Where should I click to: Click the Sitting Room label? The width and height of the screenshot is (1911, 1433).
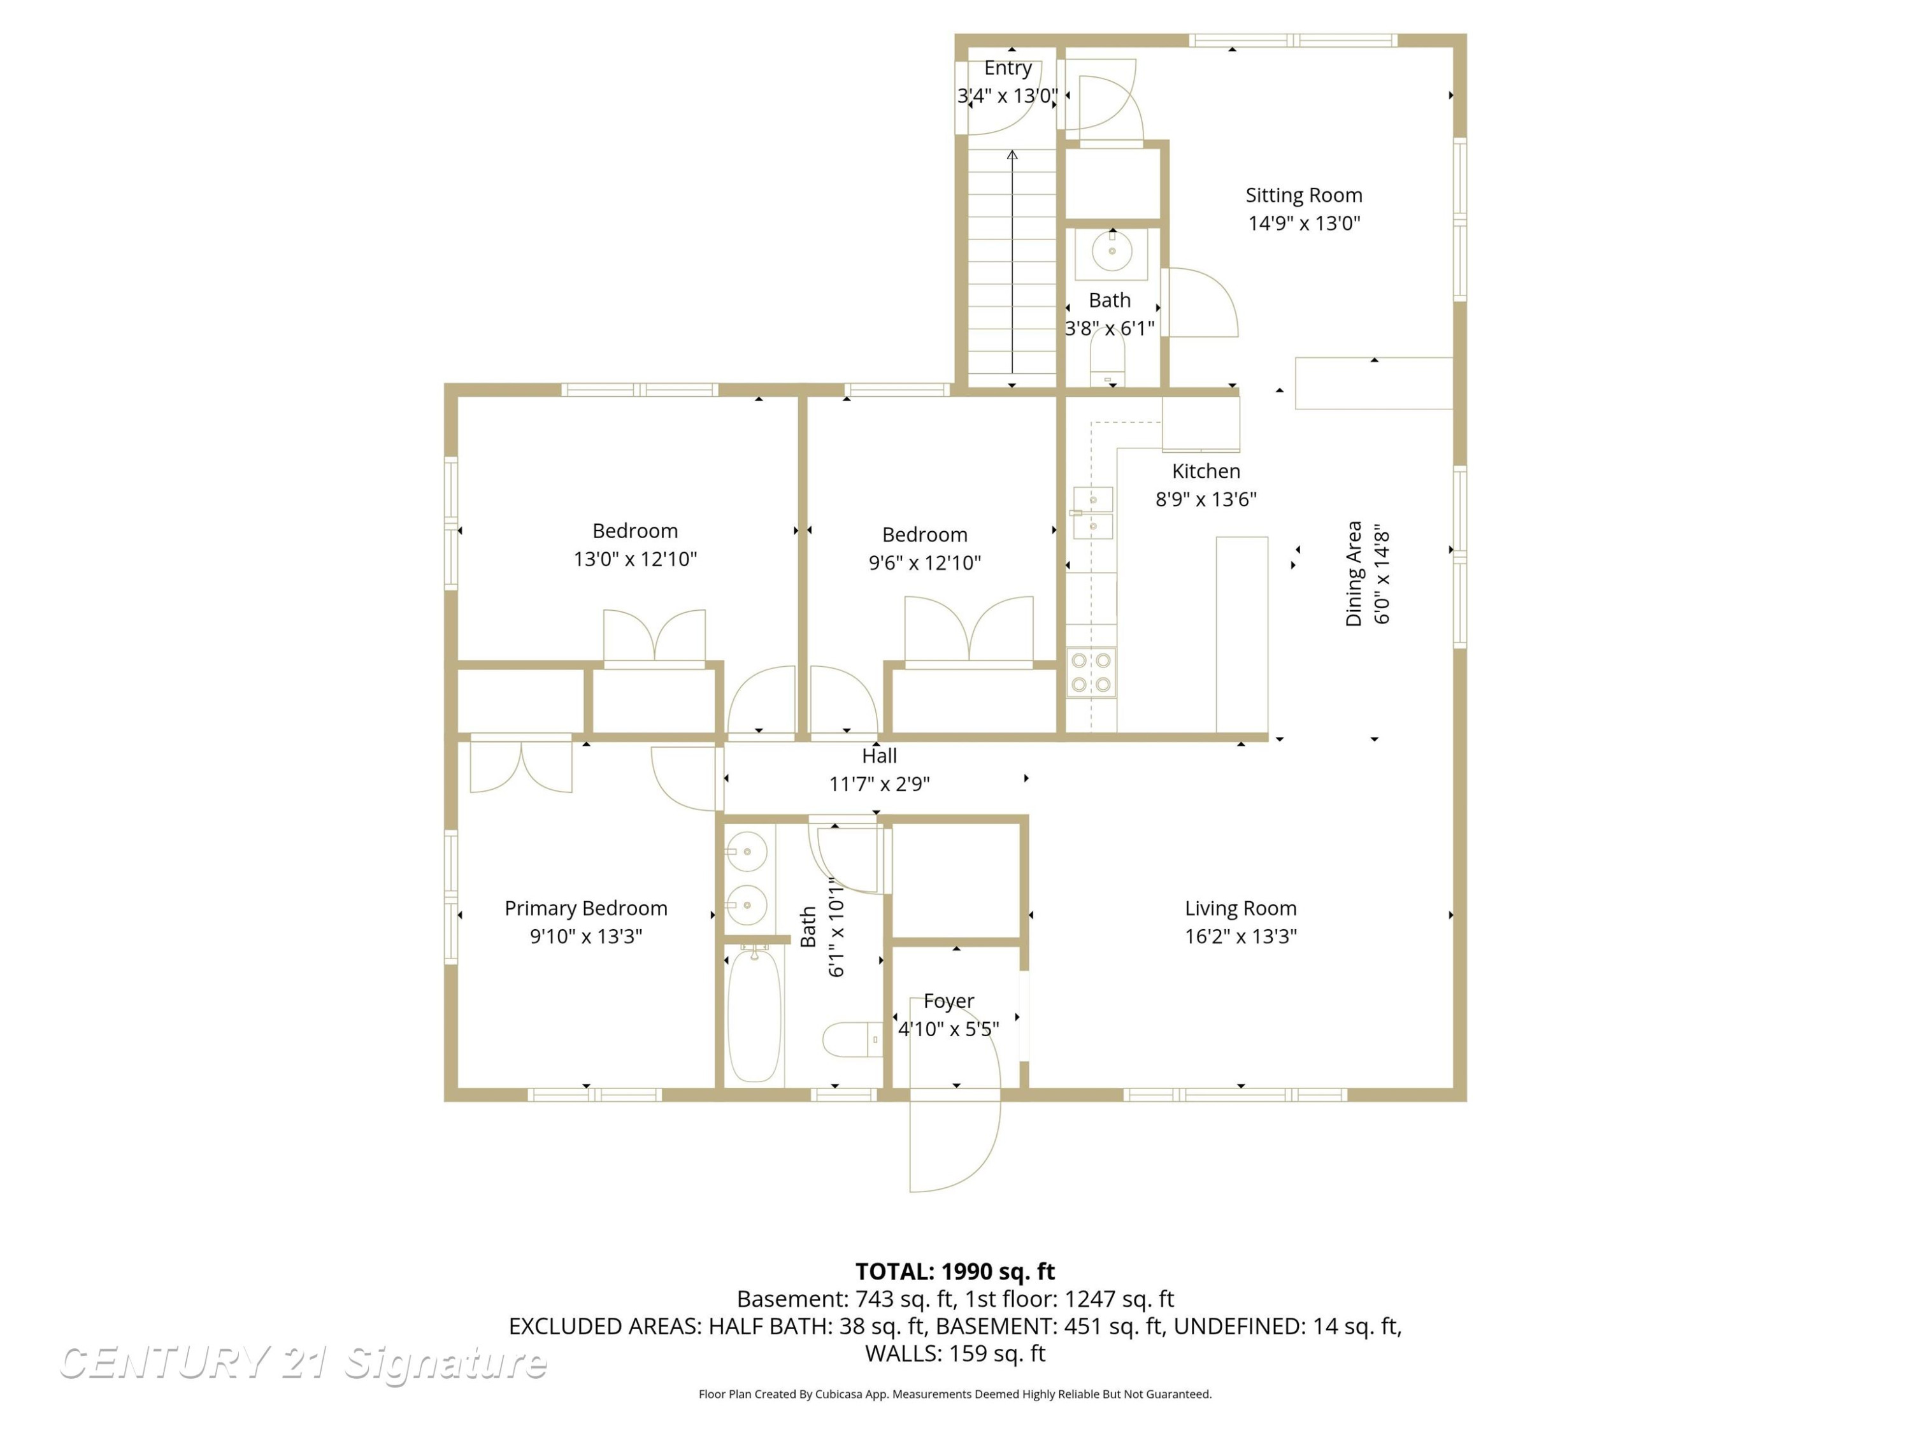click(x=1304, y=196)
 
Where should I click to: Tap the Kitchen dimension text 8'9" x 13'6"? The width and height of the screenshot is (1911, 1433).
click(x=1206, y=499)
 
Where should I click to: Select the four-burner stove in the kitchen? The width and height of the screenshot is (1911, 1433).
click(x=1091, y=673)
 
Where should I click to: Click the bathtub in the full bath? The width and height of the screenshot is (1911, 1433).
click(x=754, y=1015)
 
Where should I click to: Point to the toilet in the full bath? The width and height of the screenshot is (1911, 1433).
click(x=851, y=1040)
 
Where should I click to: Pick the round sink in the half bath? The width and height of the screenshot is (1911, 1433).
click(x=1112, y=252)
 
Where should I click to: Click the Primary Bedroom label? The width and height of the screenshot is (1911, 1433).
click(x=586, y=909)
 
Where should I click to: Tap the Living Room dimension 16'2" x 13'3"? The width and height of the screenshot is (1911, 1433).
click(x=1241, y=936)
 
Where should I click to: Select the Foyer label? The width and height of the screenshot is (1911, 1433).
click(x=948, y=1001)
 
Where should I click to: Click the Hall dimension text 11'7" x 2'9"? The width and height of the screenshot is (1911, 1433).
click(x=880, y=784)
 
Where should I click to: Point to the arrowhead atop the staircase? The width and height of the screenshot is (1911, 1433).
click(x=1013, y=155)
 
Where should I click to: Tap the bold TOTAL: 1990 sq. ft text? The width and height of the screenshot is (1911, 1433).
click(x=955, y=1271)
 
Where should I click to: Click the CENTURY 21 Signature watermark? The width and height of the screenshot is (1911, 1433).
click(x=303, y=1363)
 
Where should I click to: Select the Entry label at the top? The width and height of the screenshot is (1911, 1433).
click(x=1008, y=68)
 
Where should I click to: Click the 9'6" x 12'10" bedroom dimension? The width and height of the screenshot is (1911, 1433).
click(x=924, y=563)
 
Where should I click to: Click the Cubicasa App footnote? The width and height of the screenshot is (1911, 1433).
click(x=955, y=1394)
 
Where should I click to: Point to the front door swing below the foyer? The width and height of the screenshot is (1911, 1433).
click(x=955, y=1140)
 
